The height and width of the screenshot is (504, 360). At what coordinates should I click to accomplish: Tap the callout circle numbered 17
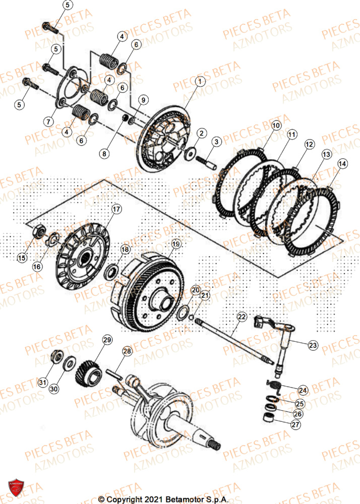pyautogui.click(x=116, y=209)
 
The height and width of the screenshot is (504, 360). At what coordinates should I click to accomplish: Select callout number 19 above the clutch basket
pyautogui.click(x=175, y=244)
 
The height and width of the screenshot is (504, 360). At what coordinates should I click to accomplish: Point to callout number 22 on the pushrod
pyautogui.click(x=242, y=317)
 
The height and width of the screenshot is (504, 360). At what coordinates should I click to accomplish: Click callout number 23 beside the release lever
pyautogui.click(x=313, y=345)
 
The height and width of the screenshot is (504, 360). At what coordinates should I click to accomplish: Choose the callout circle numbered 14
pyautogui.click(x=342, y=163)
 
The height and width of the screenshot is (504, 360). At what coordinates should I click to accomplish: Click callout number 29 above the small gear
pyautogui.click(x=107, y=340)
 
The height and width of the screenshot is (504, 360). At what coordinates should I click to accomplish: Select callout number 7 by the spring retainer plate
pyautogui.click(x=48, y=122)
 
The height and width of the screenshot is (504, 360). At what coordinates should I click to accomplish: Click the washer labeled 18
pyautogui.click(x=111, y=273)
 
